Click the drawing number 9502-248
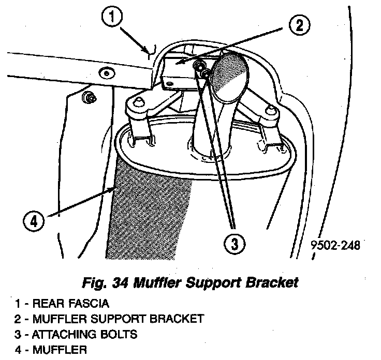[x=335, y=244]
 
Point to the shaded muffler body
[x=145, y=212]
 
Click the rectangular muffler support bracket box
[x=175, y=73]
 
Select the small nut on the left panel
[x=90, y=96]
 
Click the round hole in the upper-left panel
[x=107, y=72]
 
